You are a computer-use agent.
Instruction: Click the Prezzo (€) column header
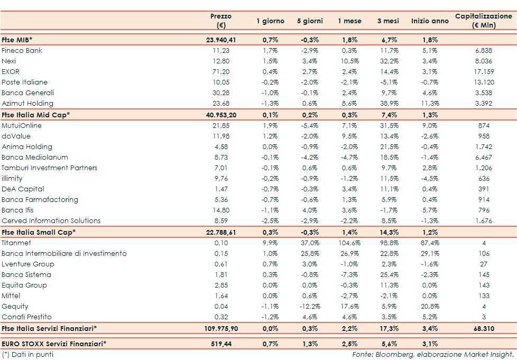tap(220, 21)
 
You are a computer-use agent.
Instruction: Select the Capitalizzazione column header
tap(483, 21)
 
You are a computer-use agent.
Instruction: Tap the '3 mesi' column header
tap(387, 21)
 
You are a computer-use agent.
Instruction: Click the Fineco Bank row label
tap(22, 51)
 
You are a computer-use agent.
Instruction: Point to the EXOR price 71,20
tap(220, 72)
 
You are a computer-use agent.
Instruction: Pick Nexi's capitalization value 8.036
tap(484, 61)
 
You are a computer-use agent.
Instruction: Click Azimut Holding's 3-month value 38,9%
tap(388, 104)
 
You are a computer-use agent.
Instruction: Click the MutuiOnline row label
tap(21, 126)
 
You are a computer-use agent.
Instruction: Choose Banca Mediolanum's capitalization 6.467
tap(484, 158)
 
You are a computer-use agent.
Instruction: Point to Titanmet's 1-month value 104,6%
tap(349, 243)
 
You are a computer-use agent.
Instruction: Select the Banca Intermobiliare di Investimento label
tap(64, 254)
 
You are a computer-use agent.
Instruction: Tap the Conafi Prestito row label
tap(26, 317)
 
